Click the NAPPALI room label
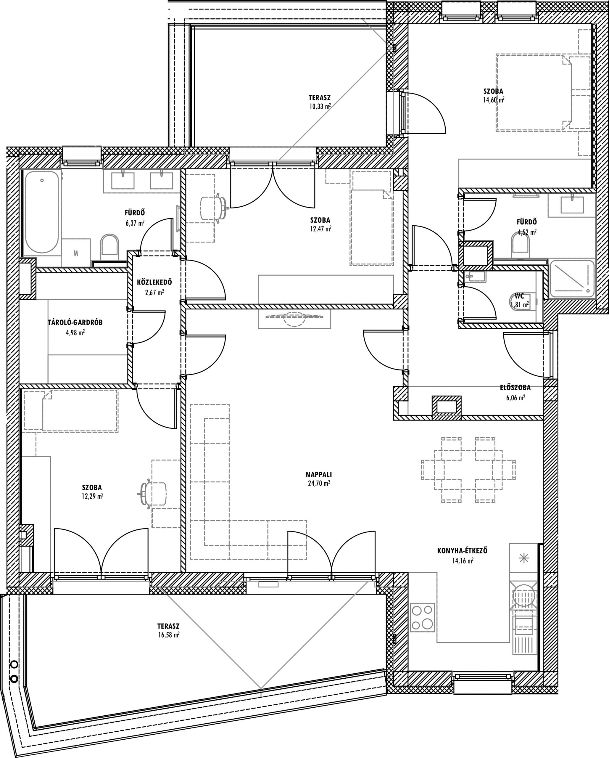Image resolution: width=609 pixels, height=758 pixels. tap(319, 474)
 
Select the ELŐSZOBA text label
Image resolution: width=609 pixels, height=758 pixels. tap(515, 388)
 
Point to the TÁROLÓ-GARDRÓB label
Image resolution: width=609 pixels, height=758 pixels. tap(75, 322)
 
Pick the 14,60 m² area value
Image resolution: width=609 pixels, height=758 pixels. tap(494, 100)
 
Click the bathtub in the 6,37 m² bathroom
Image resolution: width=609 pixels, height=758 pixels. tap(42, 212)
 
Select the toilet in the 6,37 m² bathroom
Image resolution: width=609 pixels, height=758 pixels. tap(109, 245)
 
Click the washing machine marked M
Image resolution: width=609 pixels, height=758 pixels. tap(76, 253)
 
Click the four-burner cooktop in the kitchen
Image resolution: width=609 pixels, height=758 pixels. tap(422, 617)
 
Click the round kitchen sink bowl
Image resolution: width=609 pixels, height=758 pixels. tap(524, 597)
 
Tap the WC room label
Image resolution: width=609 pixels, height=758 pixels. tap(519, 296)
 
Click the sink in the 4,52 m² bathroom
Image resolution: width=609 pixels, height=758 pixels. tap(572, 205)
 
